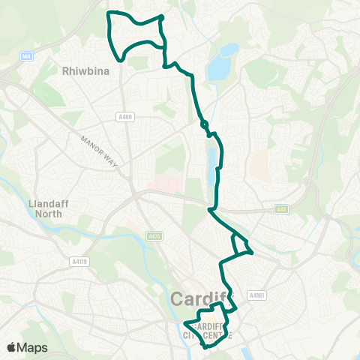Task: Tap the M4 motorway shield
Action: (x=26, y=55)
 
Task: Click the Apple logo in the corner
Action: (x=12, y=347)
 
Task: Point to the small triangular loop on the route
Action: (x=241, y=245)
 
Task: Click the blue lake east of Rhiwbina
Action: (x=219, y=66)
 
